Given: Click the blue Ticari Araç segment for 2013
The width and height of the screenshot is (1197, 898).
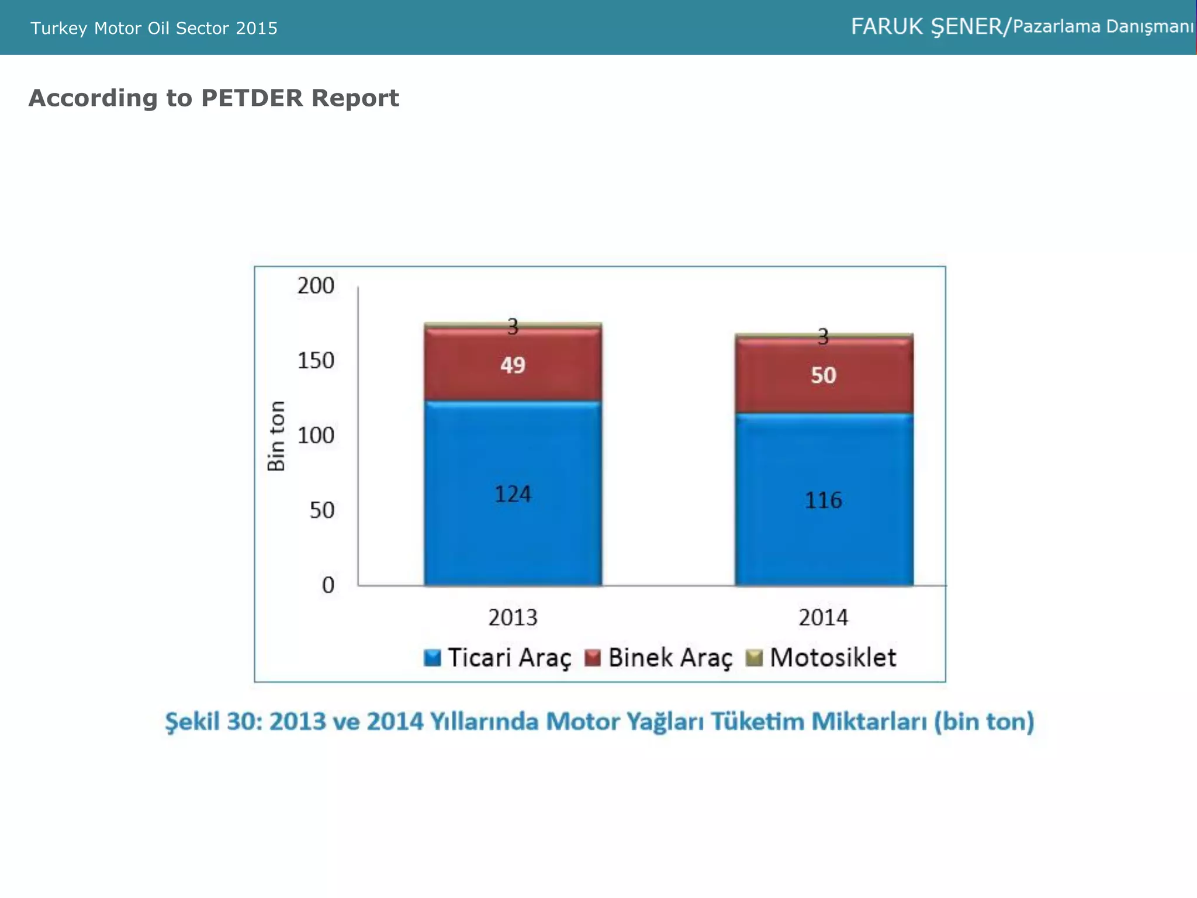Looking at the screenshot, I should pos(513,538).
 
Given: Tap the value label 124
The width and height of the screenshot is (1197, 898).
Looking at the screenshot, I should pos(513,495).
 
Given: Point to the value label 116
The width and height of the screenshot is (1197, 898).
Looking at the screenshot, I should pos(823,500).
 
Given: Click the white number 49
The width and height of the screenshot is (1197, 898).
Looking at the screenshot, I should pos(513,365).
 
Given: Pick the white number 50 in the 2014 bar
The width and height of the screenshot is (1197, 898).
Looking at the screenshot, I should pos(823,375).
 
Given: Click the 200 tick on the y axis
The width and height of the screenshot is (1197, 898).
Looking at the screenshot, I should pos(316,286).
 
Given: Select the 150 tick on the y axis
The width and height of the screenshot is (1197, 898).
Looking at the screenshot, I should pos(316,361).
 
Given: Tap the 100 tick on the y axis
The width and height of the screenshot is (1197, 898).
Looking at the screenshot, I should pos(316,436).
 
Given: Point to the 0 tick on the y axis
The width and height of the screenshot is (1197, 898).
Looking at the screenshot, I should pos(328,585).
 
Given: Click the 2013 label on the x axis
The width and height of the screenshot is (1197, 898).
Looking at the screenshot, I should pos(513,618).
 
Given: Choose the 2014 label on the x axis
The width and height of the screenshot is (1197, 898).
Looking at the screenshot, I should pos(823,618).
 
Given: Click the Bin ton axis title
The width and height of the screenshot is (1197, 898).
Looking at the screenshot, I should pos(276,436).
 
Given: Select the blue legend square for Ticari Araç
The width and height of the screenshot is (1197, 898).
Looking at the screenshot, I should pos(432,658).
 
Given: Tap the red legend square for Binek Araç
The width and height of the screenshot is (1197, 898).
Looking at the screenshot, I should pos(593,658).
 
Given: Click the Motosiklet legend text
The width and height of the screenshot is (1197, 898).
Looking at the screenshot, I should pos(832,658).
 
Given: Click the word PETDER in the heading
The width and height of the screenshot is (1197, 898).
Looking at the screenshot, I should pos(252,98).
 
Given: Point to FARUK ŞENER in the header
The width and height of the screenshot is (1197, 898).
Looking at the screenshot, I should pos(926,27).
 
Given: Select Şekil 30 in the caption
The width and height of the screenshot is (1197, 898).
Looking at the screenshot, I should pos(213,721).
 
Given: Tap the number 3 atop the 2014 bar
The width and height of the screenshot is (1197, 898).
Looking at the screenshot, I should pos(823,337).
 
